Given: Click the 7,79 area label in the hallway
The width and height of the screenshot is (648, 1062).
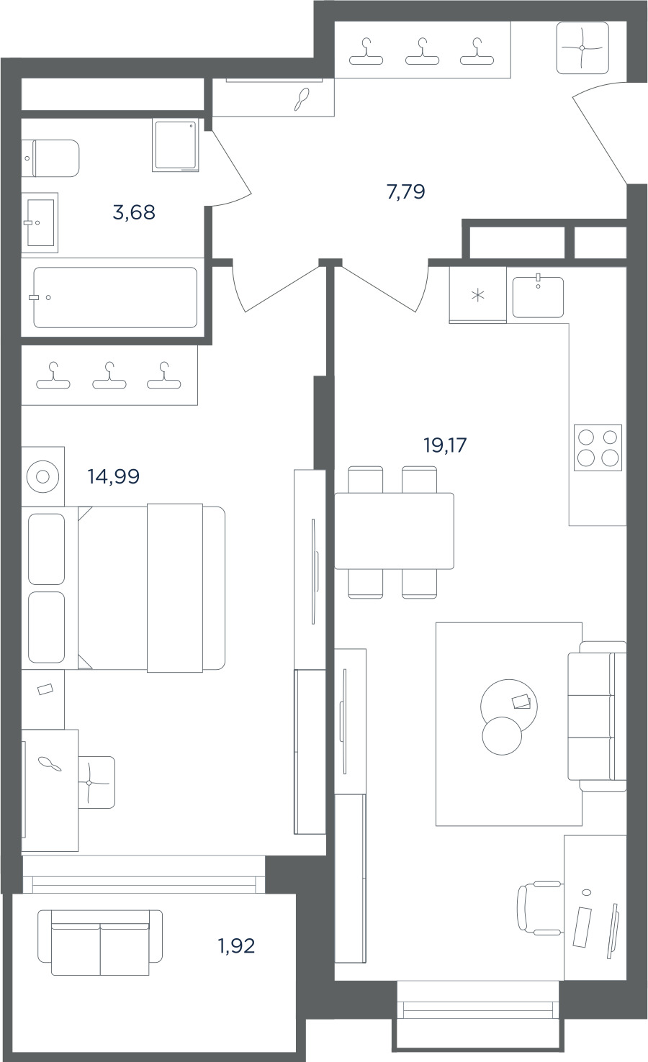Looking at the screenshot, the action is [x=406, y=192].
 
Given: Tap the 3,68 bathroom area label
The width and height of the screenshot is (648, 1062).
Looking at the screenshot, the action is [x=134, y=212].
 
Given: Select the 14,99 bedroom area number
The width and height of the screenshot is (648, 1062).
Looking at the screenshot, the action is [x=113, y=476].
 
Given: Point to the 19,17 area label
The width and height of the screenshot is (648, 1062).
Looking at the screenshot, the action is [x=445, y=445].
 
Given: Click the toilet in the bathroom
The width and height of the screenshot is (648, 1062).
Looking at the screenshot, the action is [x=50, y=158].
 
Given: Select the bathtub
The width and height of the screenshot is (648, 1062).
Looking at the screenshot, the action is [x=114, y=297].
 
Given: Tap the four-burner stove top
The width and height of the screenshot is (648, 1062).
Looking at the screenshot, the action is [x=598, y=448].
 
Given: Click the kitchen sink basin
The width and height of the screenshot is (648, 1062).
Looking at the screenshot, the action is [x=538, y=297].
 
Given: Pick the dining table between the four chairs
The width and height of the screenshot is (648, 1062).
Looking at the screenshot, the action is [x=395, y=531].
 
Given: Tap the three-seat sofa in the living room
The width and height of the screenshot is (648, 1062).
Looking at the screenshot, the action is [x=598, y=716].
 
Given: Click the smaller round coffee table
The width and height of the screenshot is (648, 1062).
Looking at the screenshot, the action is [x=502, y=736].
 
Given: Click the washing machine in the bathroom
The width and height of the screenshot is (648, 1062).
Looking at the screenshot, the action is [x=176, y=145].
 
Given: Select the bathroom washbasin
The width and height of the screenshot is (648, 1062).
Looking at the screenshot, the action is [x=40, y=222].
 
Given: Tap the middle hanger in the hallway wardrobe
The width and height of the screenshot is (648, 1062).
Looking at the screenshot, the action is [x=422, y=52].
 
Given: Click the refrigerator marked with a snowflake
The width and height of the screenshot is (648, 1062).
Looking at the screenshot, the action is [x=477, y=295].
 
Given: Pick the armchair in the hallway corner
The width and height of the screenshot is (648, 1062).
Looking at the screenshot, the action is [x=582, y=48].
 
